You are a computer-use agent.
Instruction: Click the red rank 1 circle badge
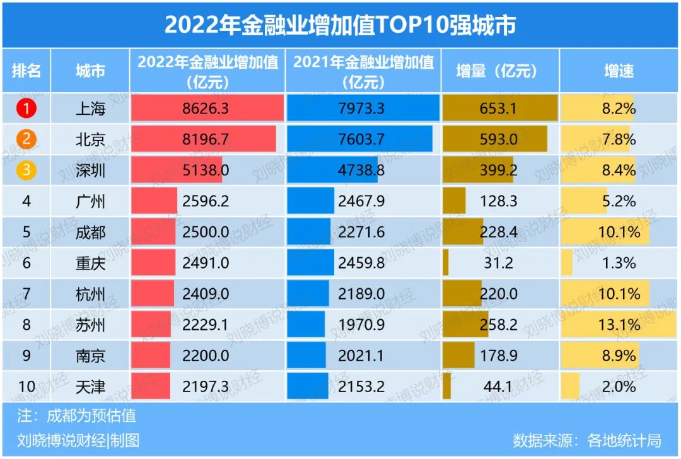[x=26, y=108]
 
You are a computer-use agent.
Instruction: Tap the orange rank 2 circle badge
[x=26, y=139]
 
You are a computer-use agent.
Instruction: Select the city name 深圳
[x=90, y=170]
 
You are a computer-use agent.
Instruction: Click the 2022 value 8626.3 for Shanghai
[x=205, y=108]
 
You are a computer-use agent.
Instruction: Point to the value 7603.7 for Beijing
[x=361, y=139]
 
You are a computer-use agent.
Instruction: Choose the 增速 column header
[x=618, y=71]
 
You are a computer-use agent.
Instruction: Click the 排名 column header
[x=26, y=71]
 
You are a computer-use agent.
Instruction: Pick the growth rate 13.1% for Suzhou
[x=619, y=325]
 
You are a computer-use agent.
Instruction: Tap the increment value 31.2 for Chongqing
[x=498, y=263]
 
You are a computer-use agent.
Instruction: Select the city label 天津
[x=90, y=386]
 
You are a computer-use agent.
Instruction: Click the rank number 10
[x=26, y=386]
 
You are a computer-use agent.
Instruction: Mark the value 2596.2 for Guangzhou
[x=205, y=202]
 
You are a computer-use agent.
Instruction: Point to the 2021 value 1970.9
[x=361, y=325]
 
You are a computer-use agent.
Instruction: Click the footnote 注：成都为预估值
[x=76, y=416]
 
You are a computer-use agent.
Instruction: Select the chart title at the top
[x=340, y=25]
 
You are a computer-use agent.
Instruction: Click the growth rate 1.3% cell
[x=619, y=263]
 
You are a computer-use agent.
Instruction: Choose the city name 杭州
[x=90, y=294]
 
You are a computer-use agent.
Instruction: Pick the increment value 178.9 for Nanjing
[x=498, y=356]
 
